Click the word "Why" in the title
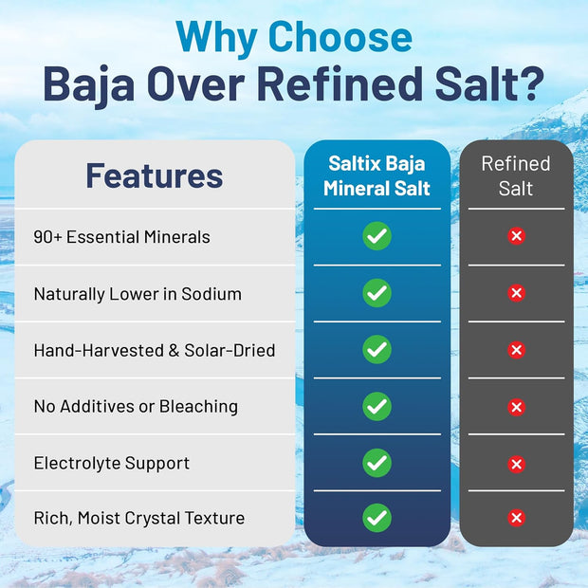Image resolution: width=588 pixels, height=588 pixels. point(216,38)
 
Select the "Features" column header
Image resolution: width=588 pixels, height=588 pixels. point(155,175)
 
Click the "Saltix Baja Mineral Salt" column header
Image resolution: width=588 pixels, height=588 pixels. point(377,175)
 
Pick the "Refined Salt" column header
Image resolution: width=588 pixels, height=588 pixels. point(516,175)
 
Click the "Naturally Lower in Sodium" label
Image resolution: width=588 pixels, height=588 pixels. point(138,294)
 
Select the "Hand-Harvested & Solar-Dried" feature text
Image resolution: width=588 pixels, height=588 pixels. point(155,350)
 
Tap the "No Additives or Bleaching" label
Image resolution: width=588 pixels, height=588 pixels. point(136,406)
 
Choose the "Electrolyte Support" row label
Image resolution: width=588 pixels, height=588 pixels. point(112,463)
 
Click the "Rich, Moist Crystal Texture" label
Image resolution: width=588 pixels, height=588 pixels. point(139,518)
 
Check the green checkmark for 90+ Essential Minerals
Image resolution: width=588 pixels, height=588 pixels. point(377,236)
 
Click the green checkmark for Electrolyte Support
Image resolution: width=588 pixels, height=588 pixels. point(377,463)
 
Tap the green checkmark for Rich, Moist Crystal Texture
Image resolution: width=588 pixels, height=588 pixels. point(377,518)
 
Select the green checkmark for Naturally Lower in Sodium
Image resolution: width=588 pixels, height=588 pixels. point(377,293)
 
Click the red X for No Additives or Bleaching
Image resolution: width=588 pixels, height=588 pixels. point(516,407)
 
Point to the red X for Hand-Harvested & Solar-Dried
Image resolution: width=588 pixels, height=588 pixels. point(516,350)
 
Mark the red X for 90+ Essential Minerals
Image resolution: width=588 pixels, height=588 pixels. point(516,236)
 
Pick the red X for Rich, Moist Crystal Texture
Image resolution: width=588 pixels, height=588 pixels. point(516,518)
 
